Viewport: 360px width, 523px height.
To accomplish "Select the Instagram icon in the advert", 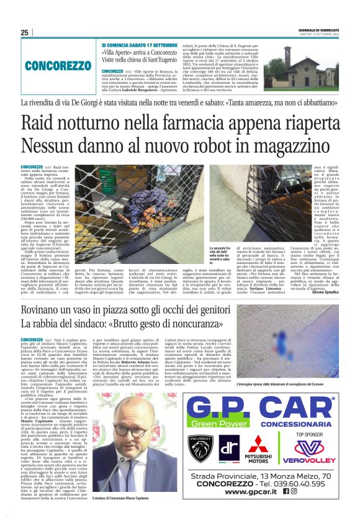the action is click(294, 491).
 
